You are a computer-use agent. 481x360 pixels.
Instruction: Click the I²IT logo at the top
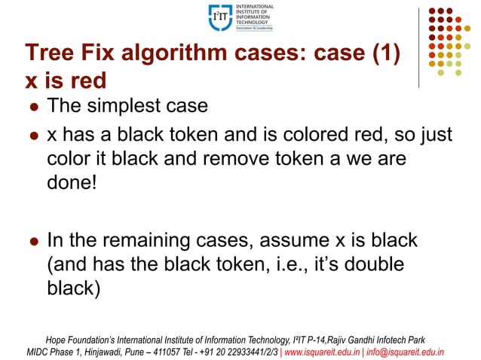[240, 17]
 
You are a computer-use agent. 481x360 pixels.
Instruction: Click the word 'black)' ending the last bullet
[73, 288]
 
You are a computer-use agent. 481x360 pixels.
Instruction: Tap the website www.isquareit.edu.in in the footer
[332, 351]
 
